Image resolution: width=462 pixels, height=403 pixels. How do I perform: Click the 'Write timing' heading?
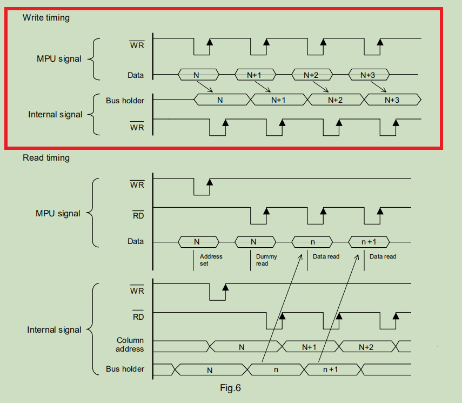coord(46,18)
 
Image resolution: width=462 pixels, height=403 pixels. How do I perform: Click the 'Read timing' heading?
coord(46,158)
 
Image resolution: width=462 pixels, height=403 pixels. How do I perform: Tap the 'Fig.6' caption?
coord(230,388)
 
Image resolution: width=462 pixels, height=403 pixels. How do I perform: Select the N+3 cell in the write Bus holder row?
coord(392,100)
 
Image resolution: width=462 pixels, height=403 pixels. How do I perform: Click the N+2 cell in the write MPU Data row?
coord(311,75)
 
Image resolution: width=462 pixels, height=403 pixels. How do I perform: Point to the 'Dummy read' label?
coord(266,260)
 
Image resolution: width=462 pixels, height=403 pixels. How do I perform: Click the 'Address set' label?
coord(211,260)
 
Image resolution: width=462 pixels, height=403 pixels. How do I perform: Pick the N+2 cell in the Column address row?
coord(366,347)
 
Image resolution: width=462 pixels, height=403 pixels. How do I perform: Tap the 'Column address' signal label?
coord(130,345)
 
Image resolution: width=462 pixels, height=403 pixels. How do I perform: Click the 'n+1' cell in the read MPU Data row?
coord(367,242)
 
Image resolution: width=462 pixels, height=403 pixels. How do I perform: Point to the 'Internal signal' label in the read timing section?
coord(55,330)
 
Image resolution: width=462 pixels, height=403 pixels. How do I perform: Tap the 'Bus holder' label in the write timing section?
coord(125,100)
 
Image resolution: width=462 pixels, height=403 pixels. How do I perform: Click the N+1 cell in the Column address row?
coord(309,347)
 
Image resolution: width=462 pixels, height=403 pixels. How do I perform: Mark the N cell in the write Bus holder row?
coord(220,100)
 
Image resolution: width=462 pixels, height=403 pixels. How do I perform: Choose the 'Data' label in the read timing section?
coord(136,241)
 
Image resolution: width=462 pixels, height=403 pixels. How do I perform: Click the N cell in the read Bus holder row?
coord(210,370)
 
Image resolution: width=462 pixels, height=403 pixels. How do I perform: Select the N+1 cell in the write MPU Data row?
coord(254,75)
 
